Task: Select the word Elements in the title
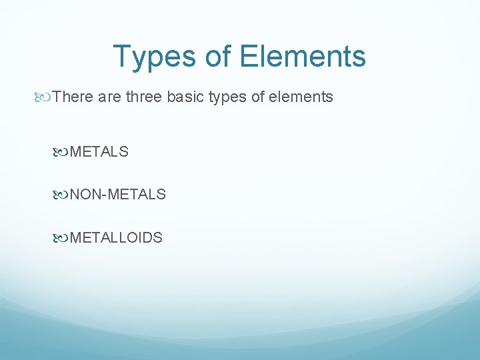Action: tap(303, 57)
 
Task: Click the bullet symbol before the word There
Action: tap(45, 97)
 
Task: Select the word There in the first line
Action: tap(73, 97)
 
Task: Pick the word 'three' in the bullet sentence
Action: tap(143, 97)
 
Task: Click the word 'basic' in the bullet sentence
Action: tap(185, 97)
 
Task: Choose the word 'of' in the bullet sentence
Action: tap(259, 97)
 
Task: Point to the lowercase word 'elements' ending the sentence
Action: tap(303, 97)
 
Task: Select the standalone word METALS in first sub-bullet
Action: tap(99, 152)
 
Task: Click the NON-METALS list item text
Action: tap(118, 195)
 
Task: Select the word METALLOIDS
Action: tap(116, 237)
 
